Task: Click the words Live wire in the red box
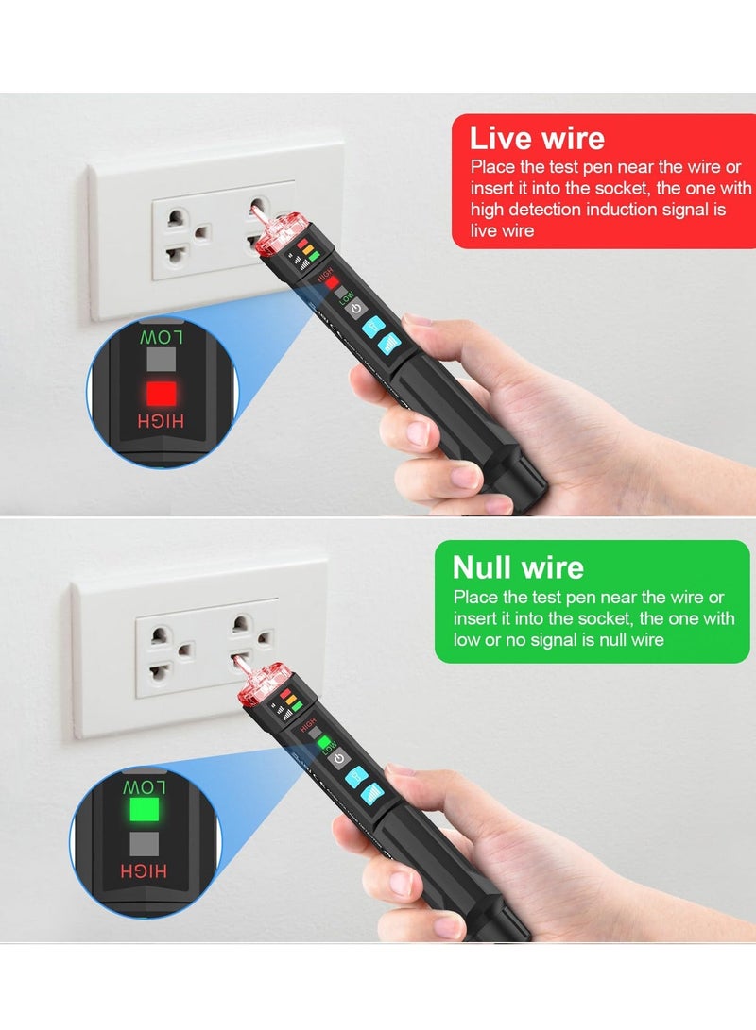coord(537,139)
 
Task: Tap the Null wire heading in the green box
coord(518,566)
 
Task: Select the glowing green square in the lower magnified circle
coord(145,809)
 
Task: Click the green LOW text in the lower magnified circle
coord(145,786)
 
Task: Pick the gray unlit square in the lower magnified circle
coord(145,842)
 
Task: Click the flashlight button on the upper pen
coord(370,328)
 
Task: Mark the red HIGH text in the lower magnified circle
coord(145,870)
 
